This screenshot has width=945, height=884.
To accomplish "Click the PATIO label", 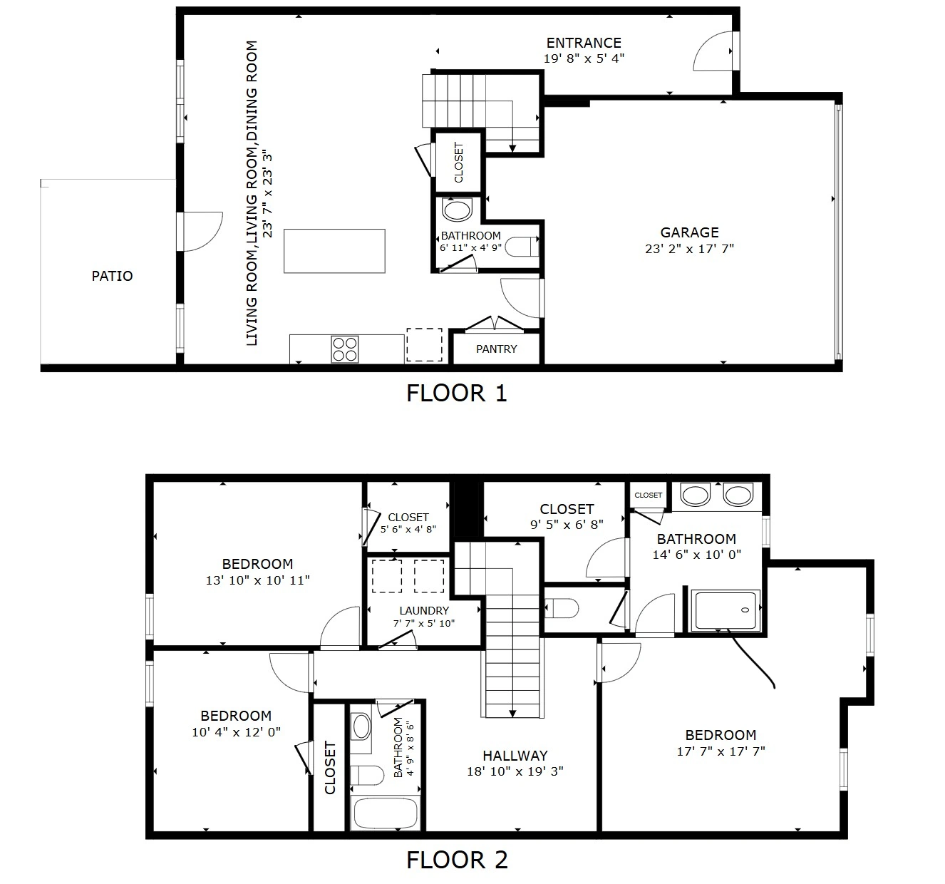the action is [112, 276].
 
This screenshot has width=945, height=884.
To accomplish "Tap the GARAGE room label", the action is [689, 232].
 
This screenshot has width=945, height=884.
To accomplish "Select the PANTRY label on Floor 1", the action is [496, 349].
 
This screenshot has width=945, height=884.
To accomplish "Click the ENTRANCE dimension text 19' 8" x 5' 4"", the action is [584, 58].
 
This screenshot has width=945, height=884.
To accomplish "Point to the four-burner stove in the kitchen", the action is [344, 349].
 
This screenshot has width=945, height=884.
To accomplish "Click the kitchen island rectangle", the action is [334, 251].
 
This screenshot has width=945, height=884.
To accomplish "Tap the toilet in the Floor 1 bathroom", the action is [522, 247].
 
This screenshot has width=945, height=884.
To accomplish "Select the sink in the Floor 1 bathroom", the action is [457, 210].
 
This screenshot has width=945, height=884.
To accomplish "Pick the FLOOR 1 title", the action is [456, 394].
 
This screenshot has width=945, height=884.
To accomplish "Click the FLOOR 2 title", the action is [457, 860].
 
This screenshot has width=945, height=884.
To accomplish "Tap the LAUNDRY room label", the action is [424, 610].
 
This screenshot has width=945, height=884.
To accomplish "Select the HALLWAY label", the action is [515, 756].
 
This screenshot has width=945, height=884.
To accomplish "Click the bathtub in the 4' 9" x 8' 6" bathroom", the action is [386, 813].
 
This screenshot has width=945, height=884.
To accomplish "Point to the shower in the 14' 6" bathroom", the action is [725, 610].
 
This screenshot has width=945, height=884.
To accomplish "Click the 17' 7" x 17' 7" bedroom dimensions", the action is [721, 751].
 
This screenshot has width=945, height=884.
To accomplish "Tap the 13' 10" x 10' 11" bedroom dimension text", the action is [257, 580].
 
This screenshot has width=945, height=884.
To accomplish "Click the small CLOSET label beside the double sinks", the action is [648, 495].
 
